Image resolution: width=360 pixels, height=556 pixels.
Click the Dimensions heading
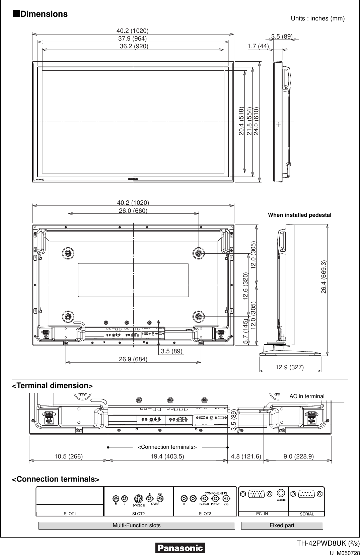[x=40, y=14]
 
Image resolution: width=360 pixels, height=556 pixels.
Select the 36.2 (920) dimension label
[x=134, y=46]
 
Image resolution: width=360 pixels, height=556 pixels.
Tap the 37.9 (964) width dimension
[x=133, y=39]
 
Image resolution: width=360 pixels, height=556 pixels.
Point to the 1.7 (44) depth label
[x=258, y=46]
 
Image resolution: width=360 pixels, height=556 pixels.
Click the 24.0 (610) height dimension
[x=256, y=121]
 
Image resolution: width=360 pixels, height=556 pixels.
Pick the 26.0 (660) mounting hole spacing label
[x=133, y=210]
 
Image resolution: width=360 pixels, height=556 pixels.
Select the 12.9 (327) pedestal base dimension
[x=289, y=367]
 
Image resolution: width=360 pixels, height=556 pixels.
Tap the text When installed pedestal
[x=299, y=215]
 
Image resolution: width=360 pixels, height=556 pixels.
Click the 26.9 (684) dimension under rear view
[x=133, y=359]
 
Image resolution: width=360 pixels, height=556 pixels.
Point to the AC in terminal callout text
[x=307, y=396]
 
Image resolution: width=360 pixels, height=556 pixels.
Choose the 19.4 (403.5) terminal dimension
[x=167, y=456]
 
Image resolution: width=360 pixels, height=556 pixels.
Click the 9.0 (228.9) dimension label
[x=298, y=456]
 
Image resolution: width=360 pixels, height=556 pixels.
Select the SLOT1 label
[x=70, y=513]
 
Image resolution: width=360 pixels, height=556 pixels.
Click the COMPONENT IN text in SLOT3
[x=216, y=493]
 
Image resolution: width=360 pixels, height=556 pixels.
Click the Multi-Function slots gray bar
[x=136, y=525]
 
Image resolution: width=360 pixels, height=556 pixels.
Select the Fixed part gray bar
[x=282, y=525]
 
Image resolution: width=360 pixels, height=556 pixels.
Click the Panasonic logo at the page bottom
[x=180, y=548]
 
